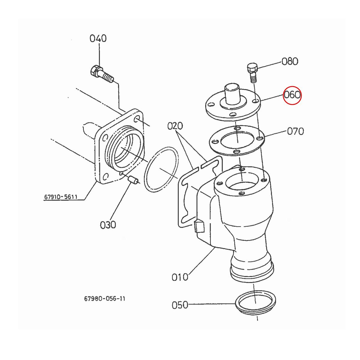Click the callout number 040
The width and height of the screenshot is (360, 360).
[x=98, y=38]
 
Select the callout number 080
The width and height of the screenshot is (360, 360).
[x=290, y=61]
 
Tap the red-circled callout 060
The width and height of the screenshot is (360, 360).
[x=292, y=95]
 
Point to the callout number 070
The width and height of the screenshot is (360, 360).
[x=295, y=131]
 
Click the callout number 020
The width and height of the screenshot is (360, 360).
[x=175, y=126]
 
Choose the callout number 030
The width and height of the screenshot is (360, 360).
[x=108, y=225]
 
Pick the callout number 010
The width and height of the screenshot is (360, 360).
[x=180, y=277]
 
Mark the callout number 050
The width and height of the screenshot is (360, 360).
[x=180, y=305]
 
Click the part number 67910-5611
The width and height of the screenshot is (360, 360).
[x=61, y=197]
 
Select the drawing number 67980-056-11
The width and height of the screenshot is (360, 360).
[x=105, y=299]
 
